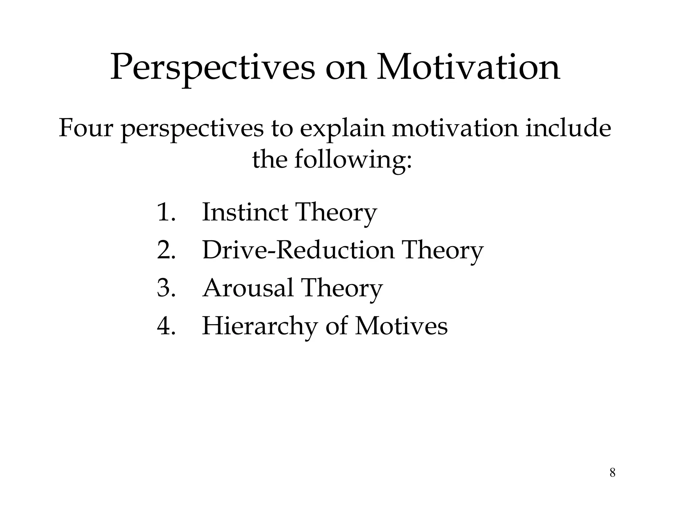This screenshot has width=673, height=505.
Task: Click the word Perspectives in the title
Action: coord(212,68)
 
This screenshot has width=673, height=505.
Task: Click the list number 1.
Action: coord(166,212)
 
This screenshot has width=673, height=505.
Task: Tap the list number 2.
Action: coord(166,250)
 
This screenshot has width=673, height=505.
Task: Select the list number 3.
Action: coord(166,288)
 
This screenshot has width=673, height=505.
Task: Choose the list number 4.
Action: coord(166,326)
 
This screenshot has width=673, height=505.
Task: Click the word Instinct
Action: coord(245,212)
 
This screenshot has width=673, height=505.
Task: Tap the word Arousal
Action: coord(247,288)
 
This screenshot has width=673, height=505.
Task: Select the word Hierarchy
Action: coord(260,326)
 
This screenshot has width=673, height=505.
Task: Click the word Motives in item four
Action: coord(401,326)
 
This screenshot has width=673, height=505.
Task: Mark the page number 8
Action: coord(612,473)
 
